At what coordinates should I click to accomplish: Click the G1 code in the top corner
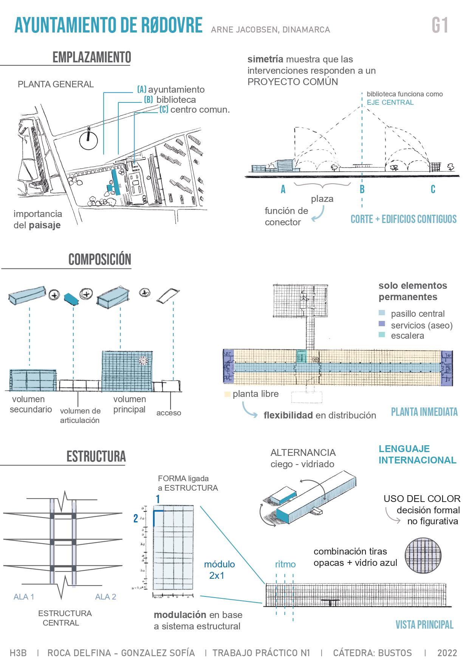440,26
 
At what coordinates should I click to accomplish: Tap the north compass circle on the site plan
89,141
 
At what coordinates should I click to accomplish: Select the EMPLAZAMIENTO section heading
92,57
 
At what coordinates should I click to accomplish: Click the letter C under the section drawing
433,189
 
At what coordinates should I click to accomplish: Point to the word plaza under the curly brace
322,199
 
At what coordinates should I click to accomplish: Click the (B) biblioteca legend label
170,100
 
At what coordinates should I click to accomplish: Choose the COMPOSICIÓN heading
100,260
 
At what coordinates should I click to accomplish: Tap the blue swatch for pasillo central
382,313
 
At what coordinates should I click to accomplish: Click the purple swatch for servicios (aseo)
382,324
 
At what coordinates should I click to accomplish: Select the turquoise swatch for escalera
382,335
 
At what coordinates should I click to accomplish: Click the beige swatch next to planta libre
227,394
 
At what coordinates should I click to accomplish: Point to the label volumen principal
129,404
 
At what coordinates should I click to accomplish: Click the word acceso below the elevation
169,413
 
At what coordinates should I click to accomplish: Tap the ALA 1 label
24,597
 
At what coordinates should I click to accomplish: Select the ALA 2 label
105,597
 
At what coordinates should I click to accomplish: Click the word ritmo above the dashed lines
285,564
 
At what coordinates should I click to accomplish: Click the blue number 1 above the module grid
158,499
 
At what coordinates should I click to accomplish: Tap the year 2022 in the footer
447,653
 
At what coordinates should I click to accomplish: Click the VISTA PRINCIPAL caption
424,625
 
